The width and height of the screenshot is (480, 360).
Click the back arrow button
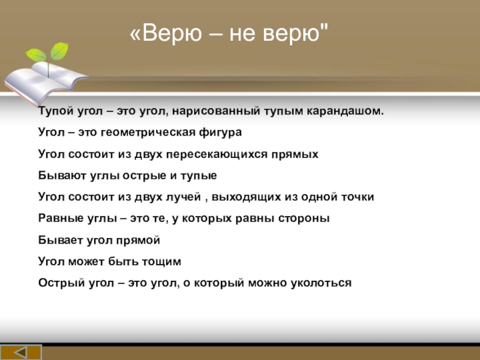[21, 352]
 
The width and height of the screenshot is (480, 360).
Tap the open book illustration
[46, 82]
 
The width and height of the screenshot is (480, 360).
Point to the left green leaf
[36, 55]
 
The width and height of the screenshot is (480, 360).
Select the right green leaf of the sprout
[59, 51]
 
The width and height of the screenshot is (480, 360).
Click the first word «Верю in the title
[166, 32]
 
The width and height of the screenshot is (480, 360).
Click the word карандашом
[345, 111]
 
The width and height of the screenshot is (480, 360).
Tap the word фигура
[220, 132]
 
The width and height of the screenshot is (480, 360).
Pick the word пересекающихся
[217, 154]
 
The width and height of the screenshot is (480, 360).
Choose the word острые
[144, 175]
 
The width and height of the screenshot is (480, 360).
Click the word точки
[358, 197]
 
